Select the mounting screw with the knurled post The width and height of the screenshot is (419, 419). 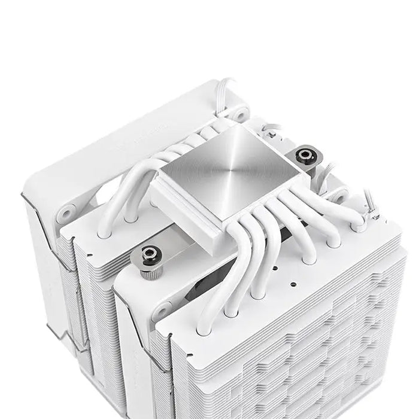pos(148,254)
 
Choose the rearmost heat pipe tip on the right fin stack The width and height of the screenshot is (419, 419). pos(359,226)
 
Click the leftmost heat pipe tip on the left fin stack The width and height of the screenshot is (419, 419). pos(105,230)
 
